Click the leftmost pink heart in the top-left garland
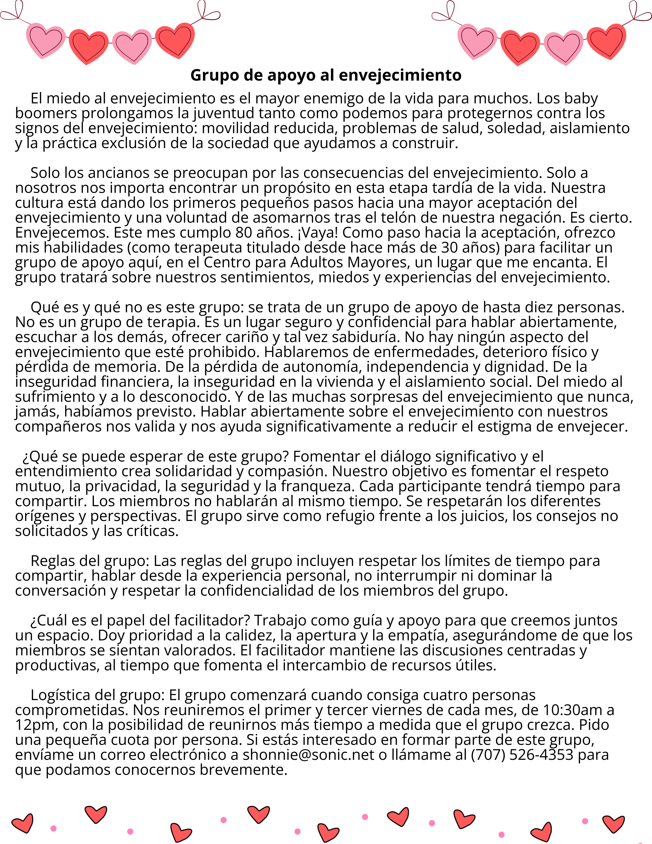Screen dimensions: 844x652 46,41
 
